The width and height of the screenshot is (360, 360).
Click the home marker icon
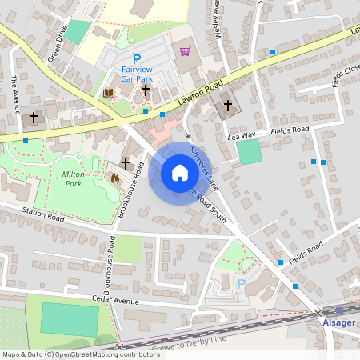(x=179, y=173)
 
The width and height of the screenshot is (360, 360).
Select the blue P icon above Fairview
(x=136, y=58)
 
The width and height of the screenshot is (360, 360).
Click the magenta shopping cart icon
(x=186, y=52)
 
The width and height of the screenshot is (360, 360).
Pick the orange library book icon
(x=109, y=94)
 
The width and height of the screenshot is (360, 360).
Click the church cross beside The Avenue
(x=33, y=117)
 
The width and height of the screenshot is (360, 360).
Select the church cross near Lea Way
(x=227, y=105)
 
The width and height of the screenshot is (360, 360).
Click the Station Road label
(x=42, y=214)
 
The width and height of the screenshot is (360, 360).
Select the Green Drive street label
(x=55, y=47)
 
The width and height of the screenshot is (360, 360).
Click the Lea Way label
(x=241, y=136)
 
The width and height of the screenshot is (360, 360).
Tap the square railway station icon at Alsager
(x=338, y=310)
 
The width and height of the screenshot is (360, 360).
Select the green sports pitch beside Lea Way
(x=250, y=152)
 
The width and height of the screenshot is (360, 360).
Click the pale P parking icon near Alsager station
(x=241, y=284)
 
